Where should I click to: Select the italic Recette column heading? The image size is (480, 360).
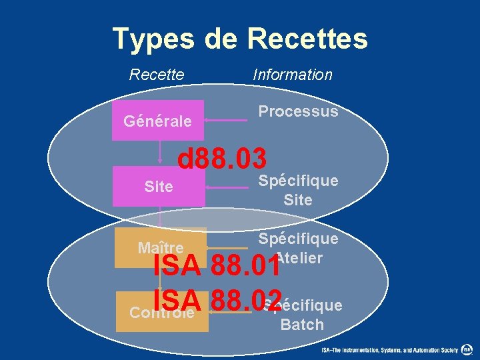click(x=157, y=75)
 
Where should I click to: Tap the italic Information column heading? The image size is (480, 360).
click(x=292, y=75)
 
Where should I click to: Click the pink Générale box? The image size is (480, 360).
click(x=158, y=121)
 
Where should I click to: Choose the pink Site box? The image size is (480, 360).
click(x=159, y=187)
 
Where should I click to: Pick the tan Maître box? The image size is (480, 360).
click(x=160, y=247)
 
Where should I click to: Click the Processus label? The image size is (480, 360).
click(x=298, y=111)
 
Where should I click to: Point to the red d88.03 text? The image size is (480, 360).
click(x=222, y=159)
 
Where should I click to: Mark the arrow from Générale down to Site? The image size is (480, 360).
click(x=160, y=153)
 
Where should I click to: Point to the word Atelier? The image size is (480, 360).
click(x=300, y=258)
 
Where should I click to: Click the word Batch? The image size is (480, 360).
click(x=302, y=325)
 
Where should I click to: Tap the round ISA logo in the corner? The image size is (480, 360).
click(x=467, y=349)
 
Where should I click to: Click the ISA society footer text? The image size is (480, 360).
click(x=390, y=350)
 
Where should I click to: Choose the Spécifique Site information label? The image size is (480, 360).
click(x=298, y=190)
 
